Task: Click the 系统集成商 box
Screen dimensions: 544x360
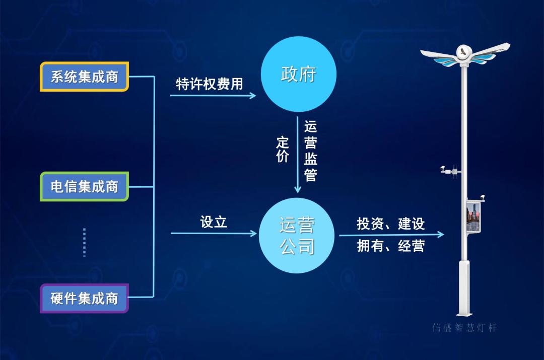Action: click(x=84, y=77)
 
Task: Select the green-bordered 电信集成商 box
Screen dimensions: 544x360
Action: click(x=84, y=186)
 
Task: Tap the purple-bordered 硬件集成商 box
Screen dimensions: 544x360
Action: click(x=84, y=298)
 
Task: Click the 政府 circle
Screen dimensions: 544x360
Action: click(x=298, y=74)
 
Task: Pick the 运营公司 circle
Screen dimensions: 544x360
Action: click(x=297, y=236)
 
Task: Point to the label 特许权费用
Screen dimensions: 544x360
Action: click(x=209, y=84)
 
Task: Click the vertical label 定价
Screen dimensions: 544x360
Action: click(x=283, y=150)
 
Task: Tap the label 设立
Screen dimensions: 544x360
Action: click(x=214, y=222)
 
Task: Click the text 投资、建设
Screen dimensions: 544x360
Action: click(x=391, y=224)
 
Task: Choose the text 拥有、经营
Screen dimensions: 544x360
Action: click(x=391, y=246)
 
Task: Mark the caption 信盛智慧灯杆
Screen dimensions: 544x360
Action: click(x=464, y=328)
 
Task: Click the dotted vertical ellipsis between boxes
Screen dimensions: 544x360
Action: click(x=84, y=242)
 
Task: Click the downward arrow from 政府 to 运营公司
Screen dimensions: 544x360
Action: click(x=298, y=156)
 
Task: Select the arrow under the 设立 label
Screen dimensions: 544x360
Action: click(x=214, y=233)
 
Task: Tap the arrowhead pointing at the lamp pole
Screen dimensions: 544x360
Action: click(x=441, y=234)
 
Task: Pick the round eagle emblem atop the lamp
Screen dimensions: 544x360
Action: click(x=464, y=51)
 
